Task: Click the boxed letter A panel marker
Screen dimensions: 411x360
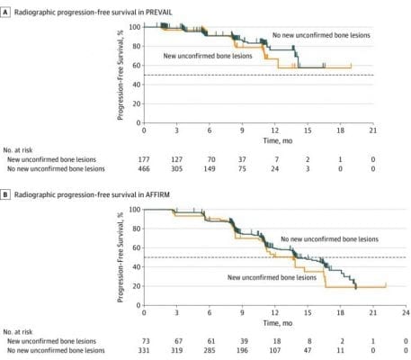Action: [x=4, y=13]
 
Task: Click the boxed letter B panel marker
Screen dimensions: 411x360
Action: [x=4, y=194]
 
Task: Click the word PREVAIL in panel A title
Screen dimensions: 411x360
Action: [x=159, y=13]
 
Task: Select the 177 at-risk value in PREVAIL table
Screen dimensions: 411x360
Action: [x=144, y=159]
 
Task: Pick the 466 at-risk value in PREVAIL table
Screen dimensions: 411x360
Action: [x=144, y=168]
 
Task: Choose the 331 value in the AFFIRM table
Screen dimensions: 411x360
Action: [x=144, y=350]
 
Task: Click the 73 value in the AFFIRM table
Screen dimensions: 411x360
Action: [x=146, y=341]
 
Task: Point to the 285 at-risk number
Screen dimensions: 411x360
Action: [x=210, y=350]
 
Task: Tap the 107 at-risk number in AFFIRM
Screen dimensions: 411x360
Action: [x=274, y=350]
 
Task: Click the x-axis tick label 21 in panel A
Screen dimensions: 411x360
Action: [x=373, y=130]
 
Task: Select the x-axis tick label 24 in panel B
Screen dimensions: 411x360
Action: [x=406, y=312]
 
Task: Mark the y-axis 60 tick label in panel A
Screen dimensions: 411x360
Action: [x=137, y=66]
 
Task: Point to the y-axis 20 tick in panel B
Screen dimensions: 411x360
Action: [x=137, y=286]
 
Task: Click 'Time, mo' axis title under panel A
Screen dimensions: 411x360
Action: [x=278, y=140]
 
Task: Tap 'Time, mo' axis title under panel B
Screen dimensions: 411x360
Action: [x=278, y=323]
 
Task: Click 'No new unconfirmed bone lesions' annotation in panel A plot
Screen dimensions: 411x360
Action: [x=321, y=35]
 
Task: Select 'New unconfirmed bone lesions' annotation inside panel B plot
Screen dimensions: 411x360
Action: [x=272, y=277]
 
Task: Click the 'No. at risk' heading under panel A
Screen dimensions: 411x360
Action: [x=18, y=150]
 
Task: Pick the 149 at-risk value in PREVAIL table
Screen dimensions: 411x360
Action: [x=210, y=168]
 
